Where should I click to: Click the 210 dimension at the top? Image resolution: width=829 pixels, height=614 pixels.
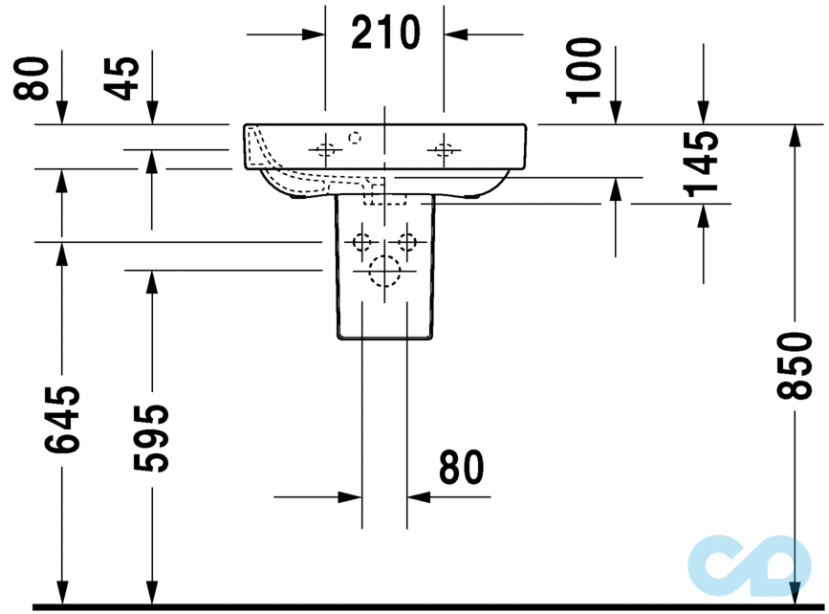click(x=384, y=33)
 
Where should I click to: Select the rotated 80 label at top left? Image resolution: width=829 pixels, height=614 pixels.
click(x=32, y=78)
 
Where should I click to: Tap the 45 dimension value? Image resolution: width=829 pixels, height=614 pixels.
click(x=121, y=78)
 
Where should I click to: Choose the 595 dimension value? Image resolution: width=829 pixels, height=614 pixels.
click(x=151, y=438)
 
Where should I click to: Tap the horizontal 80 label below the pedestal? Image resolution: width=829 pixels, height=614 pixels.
click(x=462, y=468)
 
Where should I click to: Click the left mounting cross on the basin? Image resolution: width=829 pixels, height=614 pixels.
click(x=325, y=148)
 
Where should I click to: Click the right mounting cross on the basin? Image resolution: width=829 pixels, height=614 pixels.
click(x=443, y=148)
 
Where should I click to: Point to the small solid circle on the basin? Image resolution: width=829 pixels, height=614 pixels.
click(x=355, y=138)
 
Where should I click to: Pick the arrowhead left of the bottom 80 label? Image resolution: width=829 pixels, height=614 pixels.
click(x=351, y=496)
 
